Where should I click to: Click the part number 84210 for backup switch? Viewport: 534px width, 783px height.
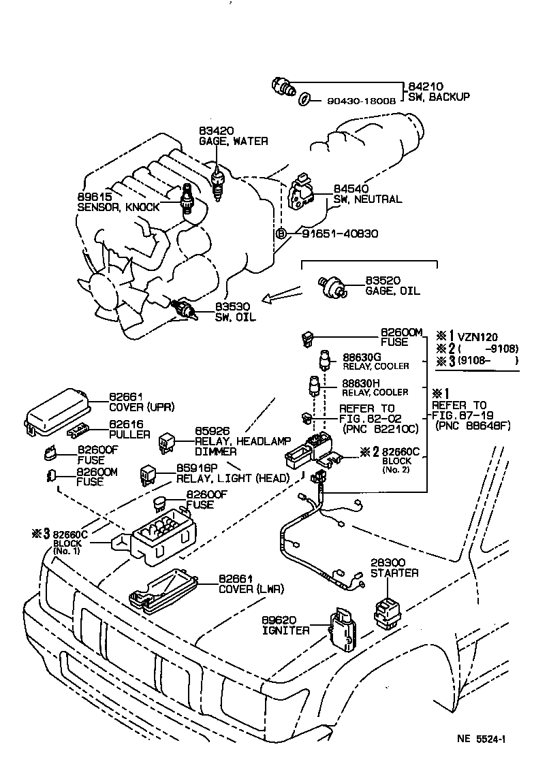[x=425, y=86]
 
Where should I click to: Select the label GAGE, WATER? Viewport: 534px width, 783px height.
[x=233, y=141]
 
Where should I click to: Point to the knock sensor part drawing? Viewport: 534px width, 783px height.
[x=186, y=202]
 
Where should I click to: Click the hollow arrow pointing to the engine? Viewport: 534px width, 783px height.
[x=283, y=295]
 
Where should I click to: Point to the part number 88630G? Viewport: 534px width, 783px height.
[x=362, y=356]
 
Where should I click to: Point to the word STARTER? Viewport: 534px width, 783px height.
[x=394, y=573]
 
